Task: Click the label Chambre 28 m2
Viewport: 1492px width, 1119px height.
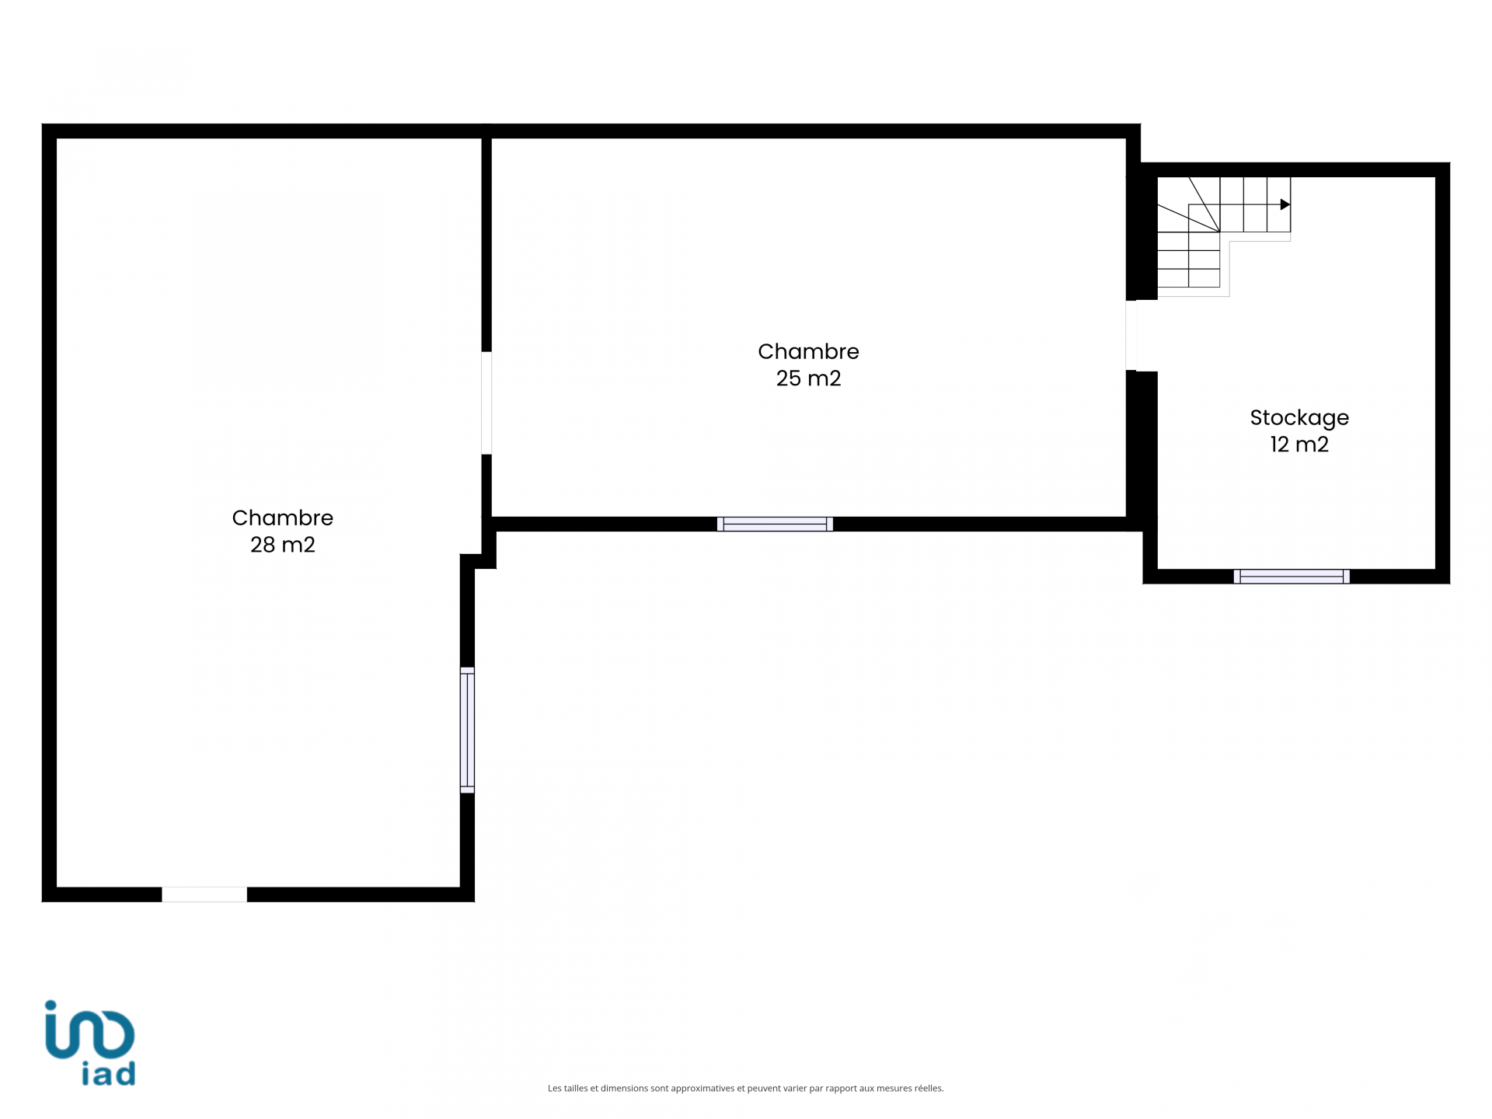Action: point(282,531)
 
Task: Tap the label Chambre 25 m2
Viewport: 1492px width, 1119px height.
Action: point(808,364)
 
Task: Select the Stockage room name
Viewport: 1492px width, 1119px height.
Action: point(1299,418)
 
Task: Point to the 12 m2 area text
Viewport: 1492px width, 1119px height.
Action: point(1299,444)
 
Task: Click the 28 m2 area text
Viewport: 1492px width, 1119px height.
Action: point(282,545)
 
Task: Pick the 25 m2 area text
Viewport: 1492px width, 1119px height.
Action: point(808,378)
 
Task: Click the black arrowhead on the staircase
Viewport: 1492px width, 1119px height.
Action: point(1285,204)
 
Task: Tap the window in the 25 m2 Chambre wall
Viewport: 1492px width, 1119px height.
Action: point(775,524)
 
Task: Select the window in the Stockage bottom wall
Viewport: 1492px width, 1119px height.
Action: point(1292,577)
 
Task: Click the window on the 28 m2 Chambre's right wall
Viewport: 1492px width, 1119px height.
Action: point(467,730)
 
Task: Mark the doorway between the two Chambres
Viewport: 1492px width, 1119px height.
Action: point(486,403)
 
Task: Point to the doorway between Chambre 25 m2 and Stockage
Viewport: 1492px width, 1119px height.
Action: point(1142,336)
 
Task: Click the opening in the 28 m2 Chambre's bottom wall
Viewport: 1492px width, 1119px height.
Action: point(204,894)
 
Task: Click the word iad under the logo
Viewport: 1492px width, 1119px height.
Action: point(109,1073)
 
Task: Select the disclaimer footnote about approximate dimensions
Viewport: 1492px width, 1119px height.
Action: point(745,1089)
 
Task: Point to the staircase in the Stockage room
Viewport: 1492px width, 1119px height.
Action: point(1223,236)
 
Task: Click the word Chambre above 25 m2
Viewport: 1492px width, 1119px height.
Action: point(808,351)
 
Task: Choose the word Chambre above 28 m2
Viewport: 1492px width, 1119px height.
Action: point(282,518)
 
